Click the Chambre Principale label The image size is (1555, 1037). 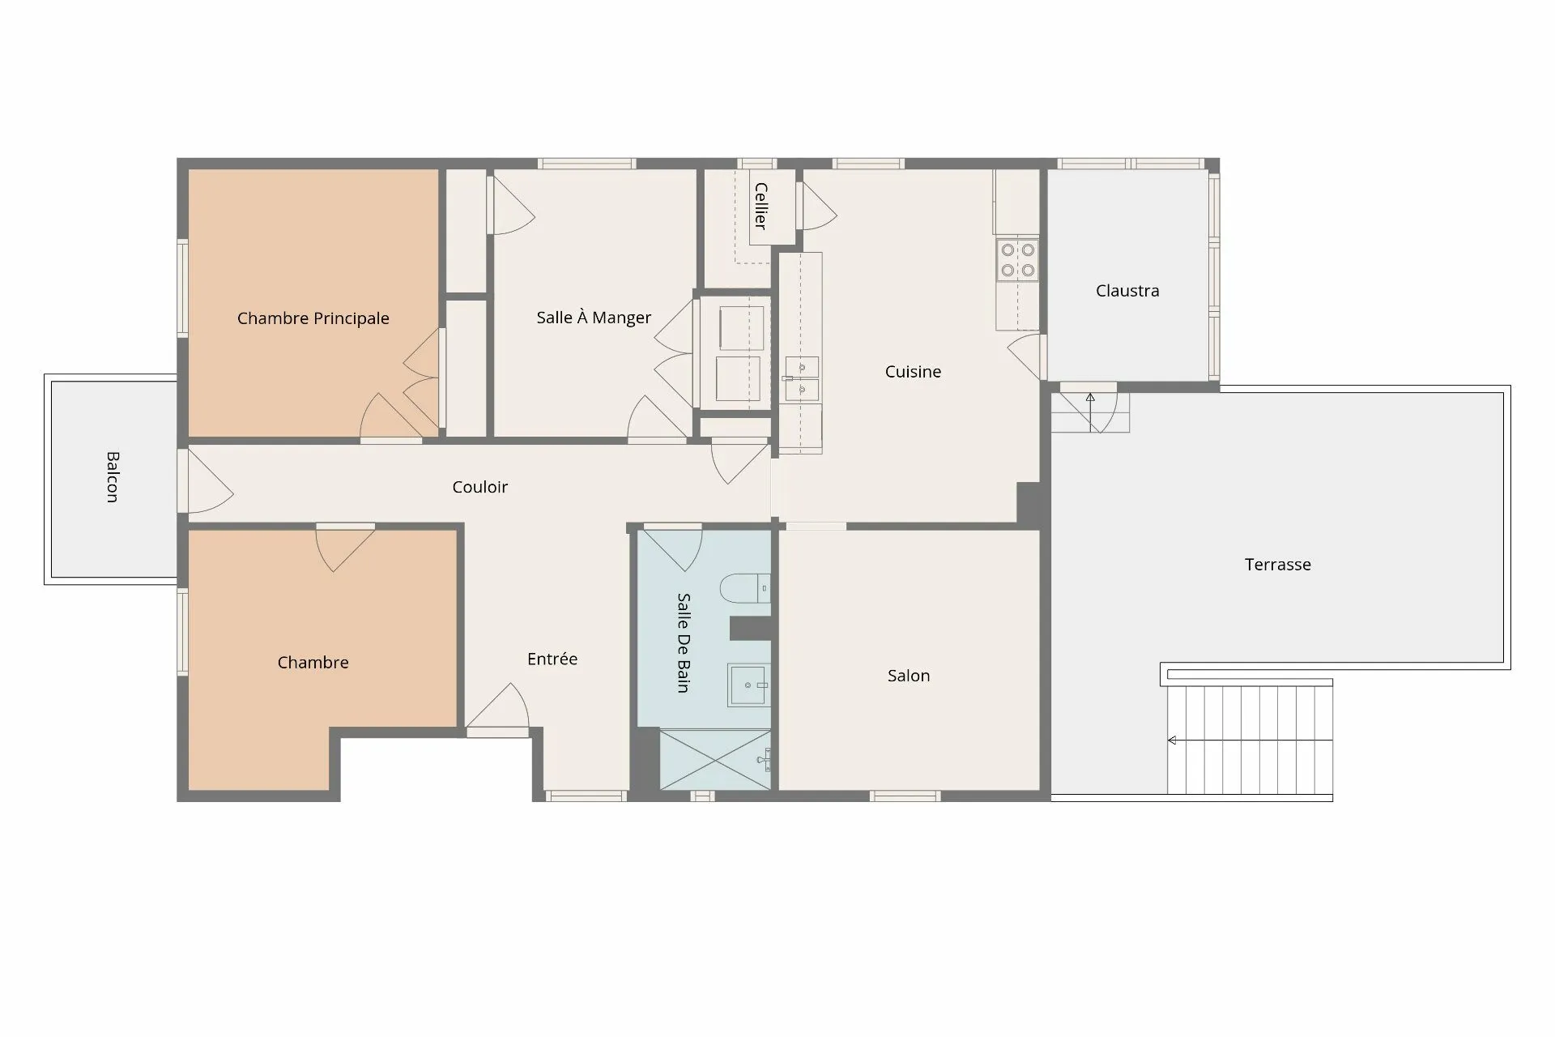pos(313,318)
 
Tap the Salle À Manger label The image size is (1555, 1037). pos(594,317)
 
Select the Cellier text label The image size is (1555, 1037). pos(760,206)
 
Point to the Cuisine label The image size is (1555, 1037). pos(913,371)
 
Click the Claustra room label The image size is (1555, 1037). pos(1127,290)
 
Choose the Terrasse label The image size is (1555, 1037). pos(1277,564)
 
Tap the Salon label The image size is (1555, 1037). pos(908,675)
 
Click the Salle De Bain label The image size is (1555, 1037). pos(684,642)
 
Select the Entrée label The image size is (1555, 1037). pos(552,659)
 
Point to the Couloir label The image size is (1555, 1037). pos(479,486)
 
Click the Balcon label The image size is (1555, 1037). pos(113,477)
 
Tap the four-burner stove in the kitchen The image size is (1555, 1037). pos(1017,259)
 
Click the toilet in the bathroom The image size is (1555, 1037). pos(744,587)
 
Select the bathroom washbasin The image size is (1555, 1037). pos(748,685)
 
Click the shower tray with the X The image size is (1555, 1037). pos(715,759)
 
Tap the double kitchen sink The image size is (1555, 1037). pos(802,378)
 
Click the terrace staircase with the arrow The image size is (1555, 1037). pos(1250,740)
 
